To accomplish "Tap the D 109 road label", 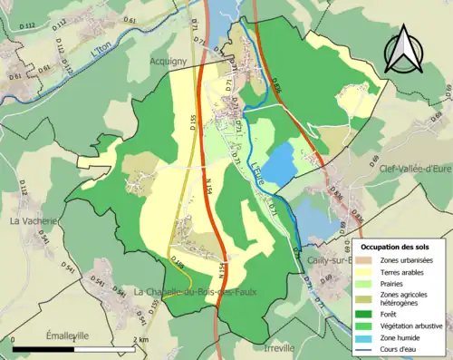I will [x=178, y=263].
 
